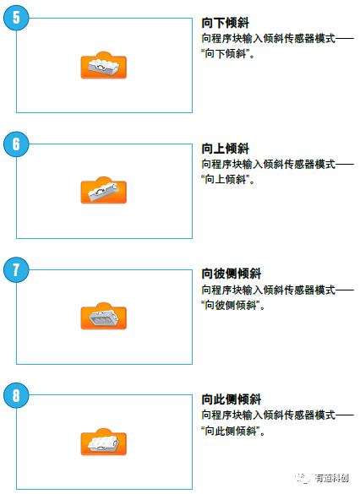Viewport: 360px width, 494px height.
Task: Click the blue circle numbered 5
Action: pyautogui.click(x=16, y=18)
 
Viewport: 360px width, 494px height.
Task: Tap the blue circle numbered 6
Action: pyautogui.click(x=16, y=144)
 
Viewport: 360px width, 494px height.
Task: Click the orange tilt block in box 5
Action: pyautogui.click(x=103, y=67)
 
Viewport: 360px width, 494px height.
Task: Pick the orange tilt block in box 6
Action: pyautogui.click(x=103, y=192)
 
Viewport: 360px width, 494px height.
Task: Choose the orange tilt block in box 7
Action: pyautogui.click(x=103, y=317)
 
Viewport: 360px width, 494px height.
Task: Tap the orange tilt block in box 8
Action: pyautogui.click(x=103, y=442)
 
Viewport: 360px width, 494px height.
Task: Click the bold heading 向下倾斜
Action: pyautogui.click(x=226, y=24)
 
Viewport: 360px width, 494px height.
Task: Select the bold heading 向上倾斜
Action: pyautogui.click(x=226, y=149)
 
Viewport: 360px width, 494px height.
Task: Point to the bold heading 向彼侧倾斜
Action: pyautogui.click(x=232, y=274)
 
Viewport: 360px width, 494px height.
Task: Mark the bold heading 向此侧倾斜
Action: pyautogui.click(x=232, y=399)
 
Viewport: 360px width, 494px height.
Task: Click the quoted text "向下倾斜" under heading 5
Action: pyautogui.click(x=228, y=53)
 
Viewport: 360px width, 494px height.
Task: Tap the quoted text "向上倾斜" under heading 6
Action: pyautogui.click(x=228, y=179)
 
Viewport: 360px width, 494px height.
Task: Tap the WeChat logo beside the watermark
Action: pyautogui.click(x=303, y=477)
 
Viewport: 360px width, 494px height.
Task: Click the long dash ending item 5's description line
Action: pyautogui.click(x=345, y=39)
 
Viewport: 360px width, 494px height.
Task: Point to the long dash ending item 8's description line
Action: pyautogui.click(x=345, y=415)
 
